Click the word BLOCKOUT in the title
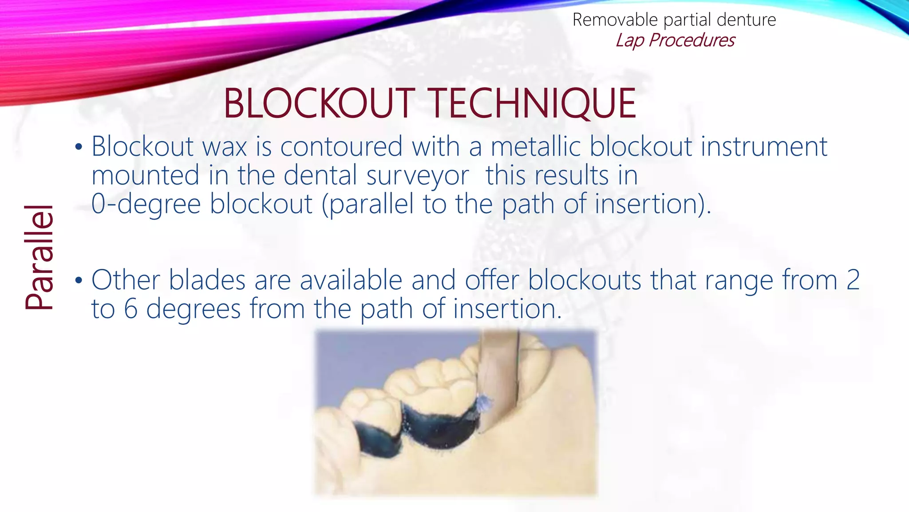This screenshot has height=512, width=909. (319, 103)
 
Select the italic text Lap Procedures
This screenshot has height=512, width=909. (675, 40)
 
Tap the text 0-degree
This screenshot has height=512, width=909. (146, 204)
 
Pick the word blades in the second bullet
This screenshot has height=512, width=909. (207, 280)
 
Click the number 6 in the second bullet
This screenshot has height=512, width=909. (130, 309)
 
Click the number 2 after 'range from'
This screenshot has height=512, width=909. (853, 280)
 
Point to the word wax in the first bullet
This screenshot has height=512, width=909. (225, 147)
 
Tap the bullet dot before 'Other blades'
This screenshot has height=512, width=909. (79, 280)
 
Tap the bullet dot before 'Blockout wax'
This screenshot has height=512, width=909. (79, 147)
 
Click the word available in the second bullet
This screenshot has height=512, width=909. (351, 280)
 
